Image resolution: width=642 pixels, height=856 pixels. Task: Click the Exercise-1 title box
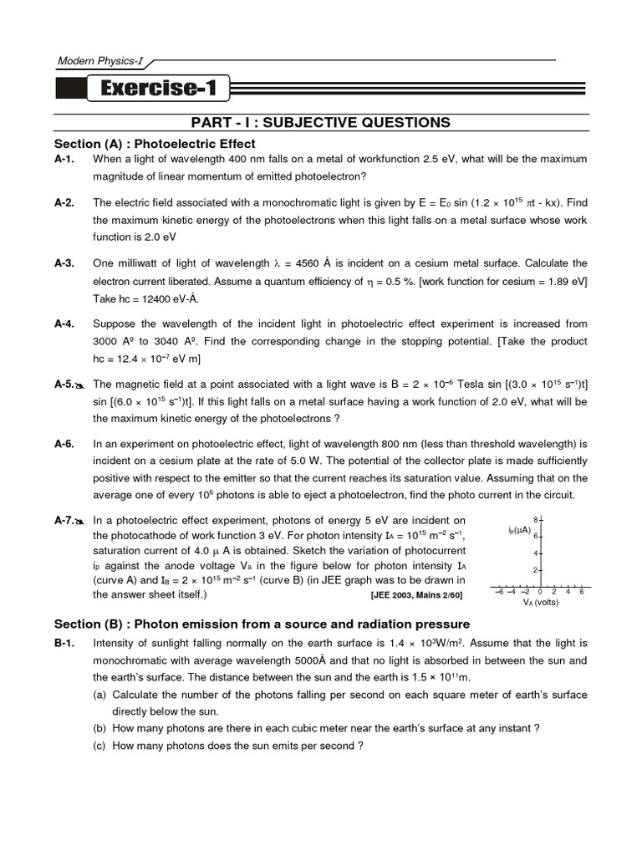point(156,87)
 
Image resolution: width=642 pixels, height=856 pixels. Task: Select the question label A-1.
point(64,159)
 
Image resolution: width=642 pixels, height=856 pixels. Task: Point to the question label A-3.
point(64,263)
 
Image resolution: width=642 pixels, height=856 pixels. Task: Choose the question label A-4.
point(64,324)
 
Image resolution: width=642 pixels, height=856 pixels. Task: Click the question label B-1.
point(64,643)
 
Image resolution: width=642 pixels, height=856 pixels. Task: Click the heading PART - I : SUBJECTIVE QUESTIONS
point(321,123)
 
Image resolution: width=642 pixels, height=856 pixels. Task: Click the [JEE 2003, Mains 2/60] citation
point(415,595)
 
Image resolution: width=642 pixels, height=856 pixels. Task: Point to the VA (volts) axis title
point(540,602)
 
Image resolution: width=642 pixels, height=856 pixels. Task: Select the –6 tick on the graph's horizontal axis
point(499,592)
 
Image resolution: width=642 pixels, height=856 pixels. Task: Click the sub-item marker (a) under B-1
point(99,695)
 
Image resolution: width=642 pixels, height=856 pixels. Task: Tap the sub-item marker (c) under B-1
point(99,746)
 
